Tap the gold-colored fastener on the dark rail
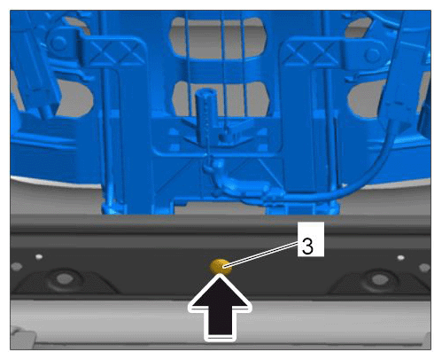(x=220, y=266)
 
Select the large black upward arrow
(x=220, y=308)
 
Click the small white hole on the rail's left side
(x=39, y=256)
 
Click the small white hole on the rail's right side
(x=400, y=258)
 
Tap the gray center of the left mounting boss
(x=65, y=278)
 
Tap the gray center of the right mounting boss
(x=379, y=279)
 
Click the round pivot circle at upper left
(x=59, y=43)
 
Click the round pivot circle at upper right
(x=373, y=55)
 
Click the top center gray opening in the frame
(x=218, y=37)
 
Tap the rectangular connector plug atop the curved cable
(x=399, y=111)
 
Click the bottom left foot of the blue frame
(x=113, y=207)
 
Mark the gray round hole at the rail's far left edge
(x=16, y=267)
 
